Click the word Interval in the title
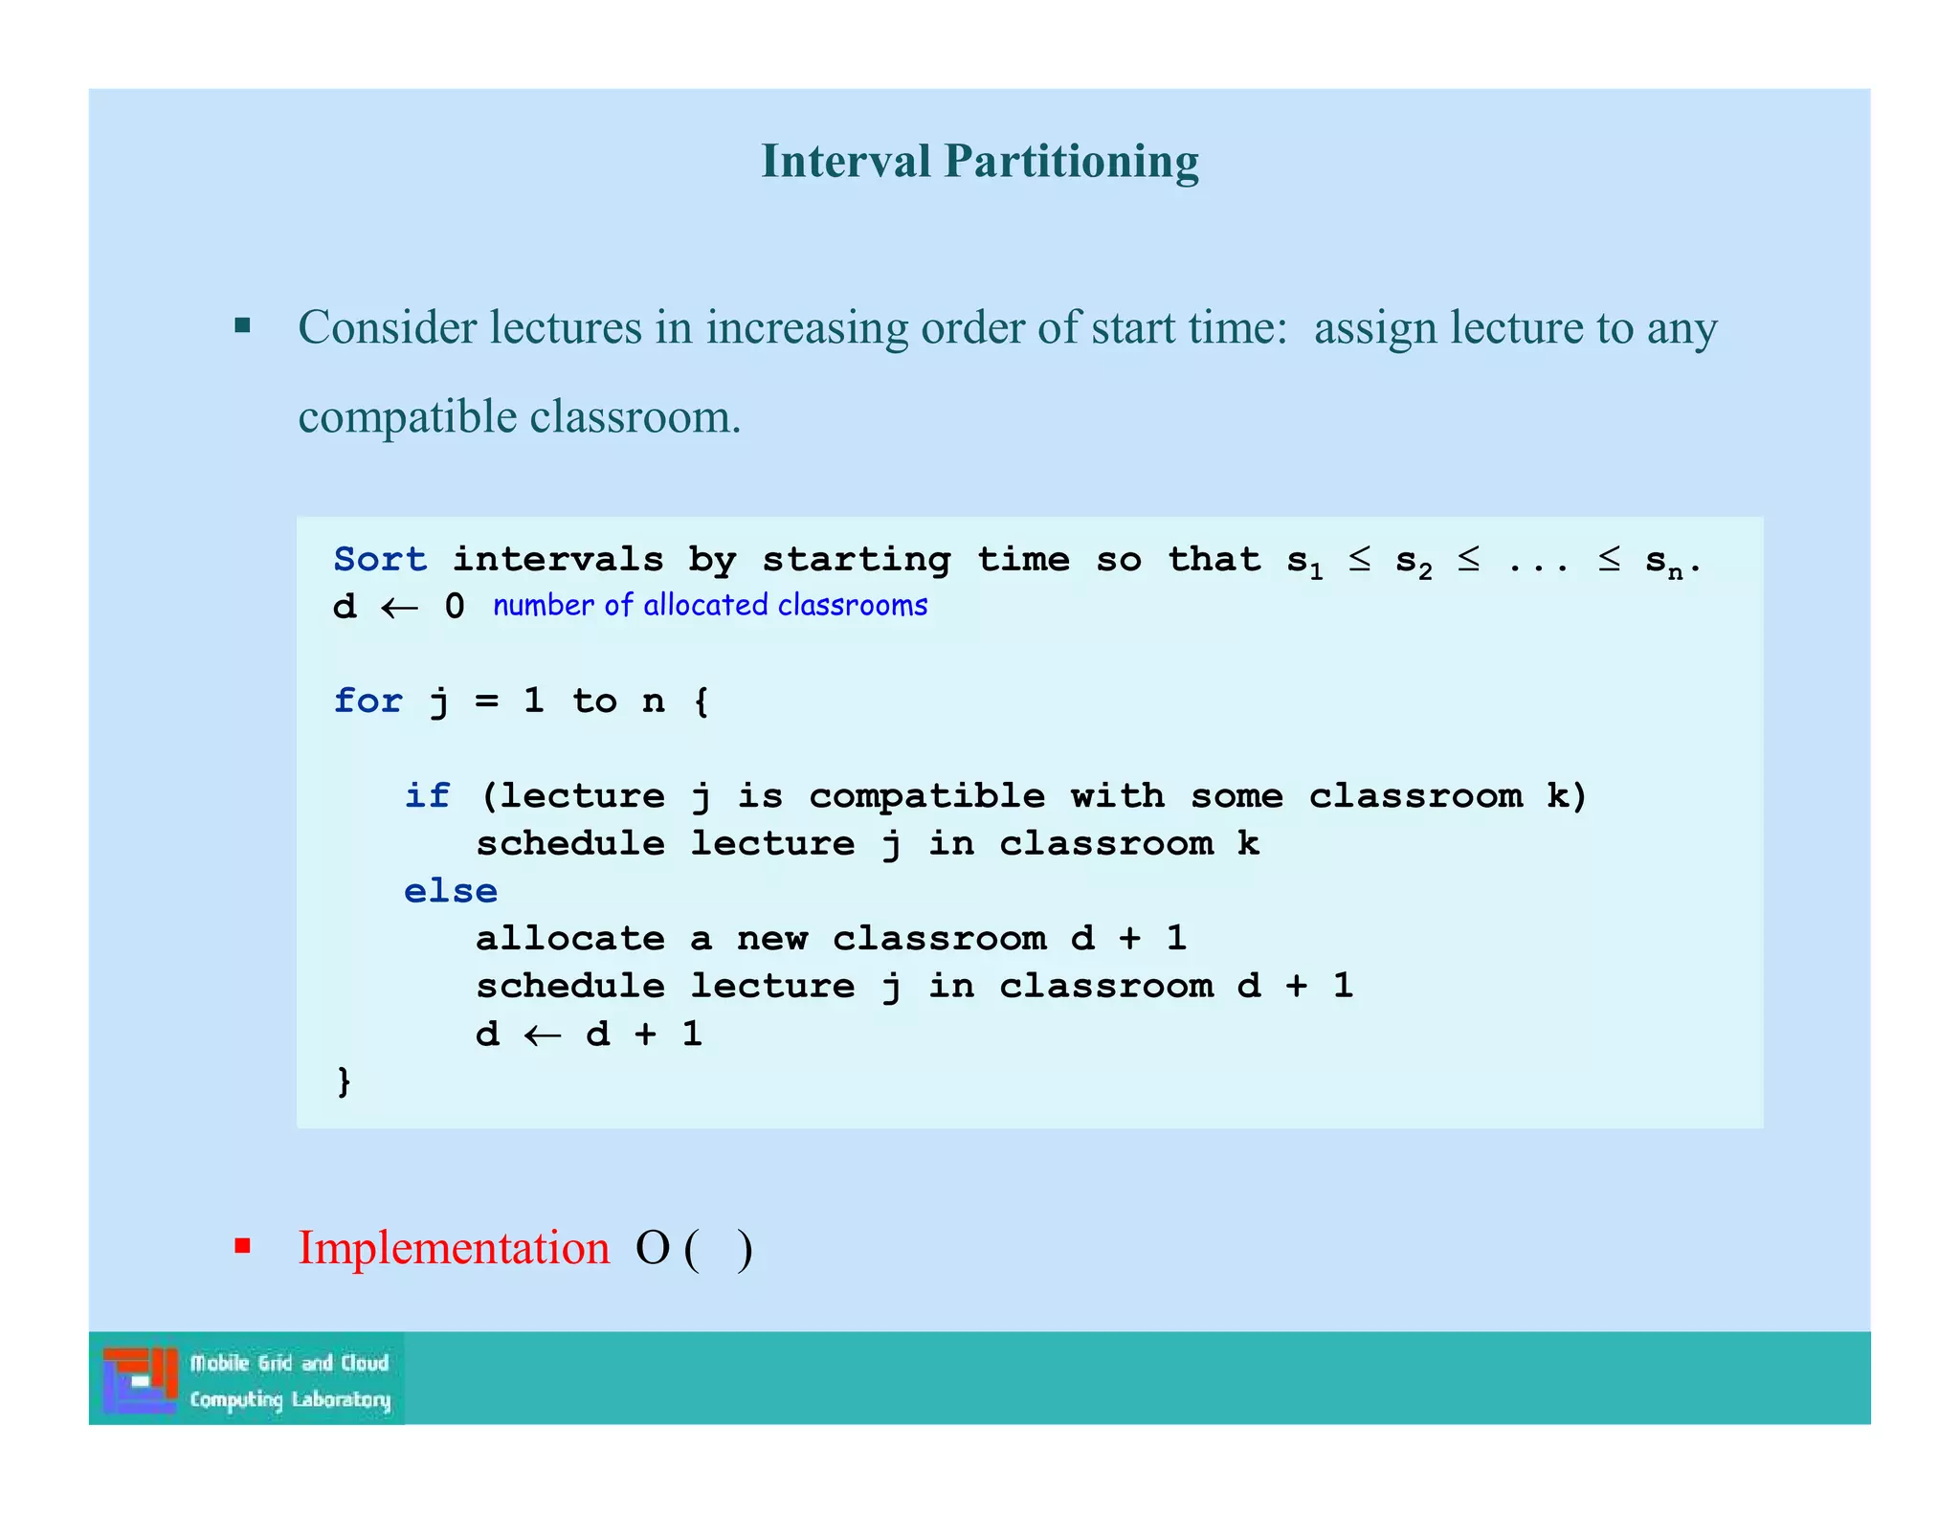pos(845,161)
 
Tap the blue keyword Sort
pos(380,559)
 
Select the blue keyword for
pos(367,701)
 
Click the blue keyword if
pos(427,795)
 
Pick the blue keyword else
pos(450,891)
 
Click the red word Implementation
pos(454,1248)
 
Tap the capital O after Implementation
pos(653,1248)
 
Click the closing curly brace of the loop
pos(344,1081)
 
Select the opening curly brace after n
pos(702,701)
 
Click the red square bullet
pos(243,1246)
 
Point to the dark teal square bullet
pos(243,326)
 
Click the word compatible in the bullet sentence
pos(408,416)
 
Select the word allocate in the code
pos(569,938)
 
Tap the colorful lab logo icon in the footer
pos(141,1380)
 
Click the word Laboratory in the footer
pos(341,1400)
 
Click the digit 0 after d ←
pos(455,607)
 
